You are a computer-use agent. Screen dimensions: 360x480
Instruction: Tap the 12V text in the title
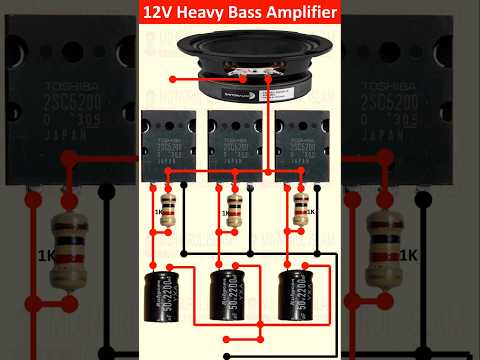coord(157,14)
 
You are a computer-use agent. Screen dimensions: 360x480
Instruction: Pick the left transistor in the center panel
coord(167,140)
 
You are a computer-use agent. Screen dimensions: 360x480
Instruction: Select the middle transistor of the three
coord(234,140)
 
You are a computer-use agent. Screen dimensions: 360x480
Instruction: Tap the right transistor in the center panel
coord(301,140)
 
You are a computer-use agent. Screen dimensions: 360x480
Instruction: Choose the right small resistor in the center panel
coord(300,211)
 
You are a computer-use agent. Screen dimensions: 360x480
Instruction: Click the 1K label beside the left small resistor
coord(157,212)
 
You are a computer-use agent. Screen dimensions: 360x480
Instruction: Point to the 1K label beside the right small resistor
coord(313,212)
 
